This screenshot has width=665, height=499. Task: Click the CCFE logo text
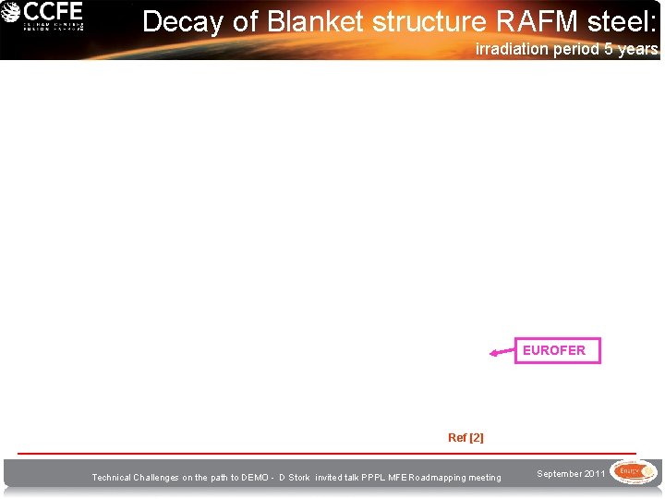[53, 13]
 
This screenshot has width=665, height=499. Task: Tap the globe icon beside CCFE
[10, 14]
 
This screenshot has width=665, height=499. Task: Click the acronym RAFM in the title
[537, 21]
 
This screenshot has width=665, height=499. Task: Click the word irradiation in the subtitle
[513, 49]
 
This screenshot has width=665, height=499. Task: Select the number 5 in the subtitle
[609, 49]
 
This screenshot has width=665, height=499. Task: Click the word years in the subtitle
[638, 49]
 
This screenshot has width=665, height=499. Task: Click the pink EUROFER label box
[557, 350]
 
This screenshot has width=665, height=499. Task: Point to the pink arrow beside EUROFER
[502, 352]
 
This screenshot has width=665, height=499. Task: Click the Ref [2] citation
[465, 437]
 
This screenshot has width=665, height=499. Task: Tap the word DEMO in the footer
[260, 478]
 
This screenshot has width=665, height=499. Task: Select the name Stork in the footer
[298, 478]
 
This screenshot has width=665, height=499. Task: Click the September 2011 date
[571, 474]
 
